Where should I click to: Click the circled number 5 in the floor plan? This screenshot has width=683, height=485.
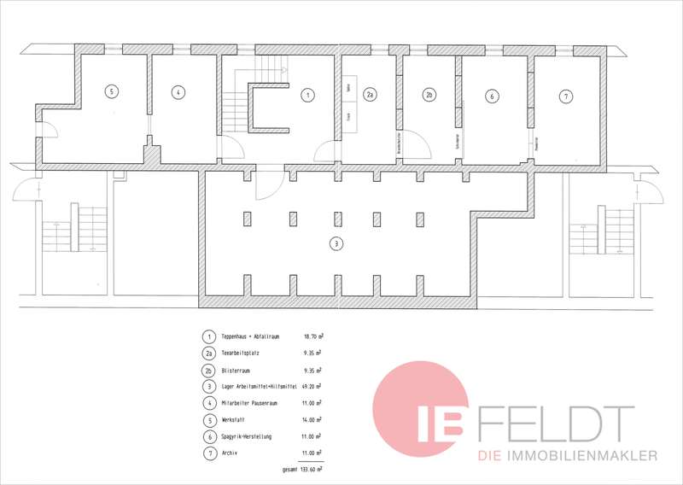click(x=111, y=91)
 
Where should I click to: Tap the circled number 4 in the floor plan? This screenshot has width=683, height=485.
click(x=178, y=92)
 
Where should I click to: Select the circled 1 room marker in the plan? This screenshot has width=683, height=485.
click(x=307, y=96)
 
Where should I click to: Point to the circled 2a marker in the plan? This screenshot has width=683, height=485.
click(x=371, y=96)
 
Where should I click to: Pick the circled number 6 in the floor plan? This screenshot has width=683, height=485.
click(x=492, y=96)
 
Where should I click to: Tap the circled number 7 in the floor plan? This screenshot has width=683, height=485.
click(x=565, y=96)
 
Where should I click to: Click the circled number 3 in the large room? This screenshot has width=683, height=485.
click(x=336, y=243)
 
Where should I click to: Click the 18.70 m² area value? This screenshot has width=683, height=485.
click(x=312, y=337)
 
